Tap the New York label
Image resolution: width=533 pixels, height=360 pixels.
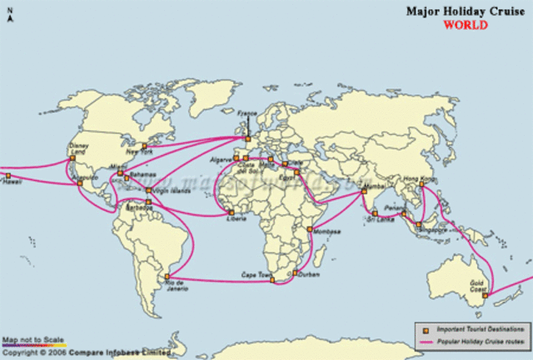139,152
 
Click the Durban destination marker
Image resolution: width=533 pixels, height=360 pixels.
294,272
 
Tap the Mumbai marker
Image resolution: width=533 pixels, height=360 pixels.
364,192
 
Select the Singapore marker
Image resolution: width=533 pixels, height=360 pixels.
418,223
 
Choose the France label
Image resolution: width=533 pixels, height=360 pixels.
248,112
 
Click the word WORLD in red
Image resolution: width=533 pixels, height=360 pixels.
466,24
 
